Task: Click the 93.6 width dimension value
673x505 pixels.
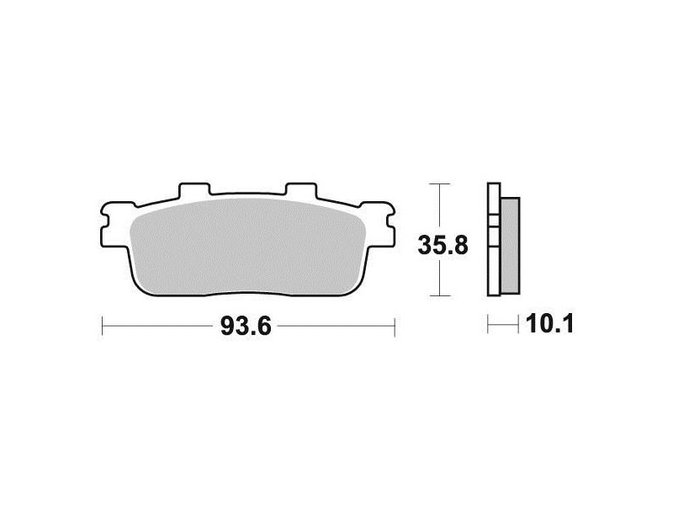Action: pyautogui.click(x=246, y=326)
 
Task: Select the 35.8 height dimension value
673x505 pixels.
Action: pyautogui.click(x=443, y=246)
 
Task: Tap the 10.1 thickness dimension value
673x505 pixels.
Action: pyautogui.click(x=549, y=324)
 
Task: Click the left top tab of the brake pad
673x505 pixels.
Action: pyautogui.click(x=194, y=189)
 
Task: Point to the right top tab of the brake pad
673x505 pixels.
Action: pyautogui.click(x=301, y=189)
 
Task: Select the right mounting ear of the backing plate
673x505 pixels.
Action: pyautogui.click(x=378, y=225)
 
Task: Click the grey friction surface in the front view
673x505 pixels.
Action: pyautogui.click(x=247, y=247)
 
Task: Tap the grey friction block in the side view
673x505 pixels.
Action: pyautogui.click(x=510, y=246)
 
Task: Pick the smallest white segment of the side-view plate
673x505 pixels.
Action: pyautogui.click(x=494, y=221)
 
